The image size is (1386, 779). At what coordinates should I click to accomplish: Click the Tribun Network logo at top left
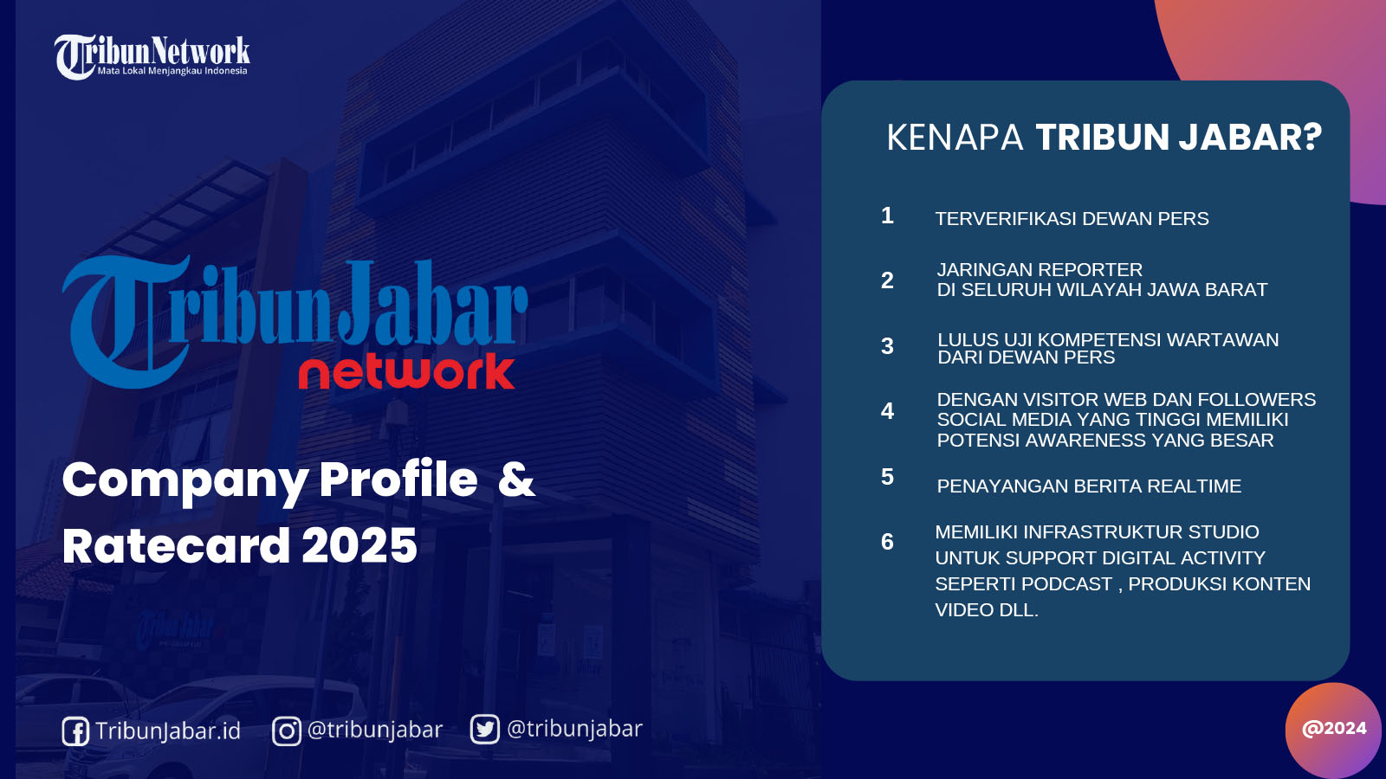click(x=152, y=57)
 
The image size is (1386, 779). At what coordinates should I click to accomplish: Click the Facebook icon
click(x=75, y=731)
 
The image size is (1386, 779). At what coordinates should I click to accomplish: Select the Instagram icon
click(x=287, y=731)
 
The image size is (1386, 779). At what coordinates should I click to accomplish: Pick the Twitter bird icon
click(x=484, y=729)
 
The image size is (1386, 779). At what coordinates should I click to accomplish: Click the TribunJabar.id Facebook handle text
click(x=168, y=731)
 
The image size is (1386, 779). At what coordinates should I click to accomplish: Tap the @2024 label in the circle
click(x=1334, y=729)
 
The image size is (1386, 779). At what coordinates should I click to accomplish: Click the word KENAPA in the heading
click(x=955, y=138)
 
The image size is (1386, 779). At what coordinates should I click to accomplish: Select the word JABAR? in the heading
click(x=1250, y=138)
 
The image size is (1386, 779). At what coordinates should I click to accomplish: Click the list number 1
click(x=887, y=216)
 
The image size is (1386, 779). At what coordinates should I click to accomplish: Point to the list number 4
click(x=887, y=411)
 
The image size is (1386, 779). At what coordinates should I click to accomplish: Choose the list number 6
click(x=887, y=542)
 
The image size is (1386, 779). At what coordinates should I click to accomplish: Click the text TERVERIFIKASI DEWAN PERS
click(x=1072, y=219)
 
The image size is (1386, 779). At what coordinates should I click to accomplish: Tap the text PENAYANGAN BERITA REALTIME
click(x=1089, y=486)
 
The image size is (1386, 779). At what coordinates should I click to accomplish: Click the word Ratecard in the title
click(x=177, y=546)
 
